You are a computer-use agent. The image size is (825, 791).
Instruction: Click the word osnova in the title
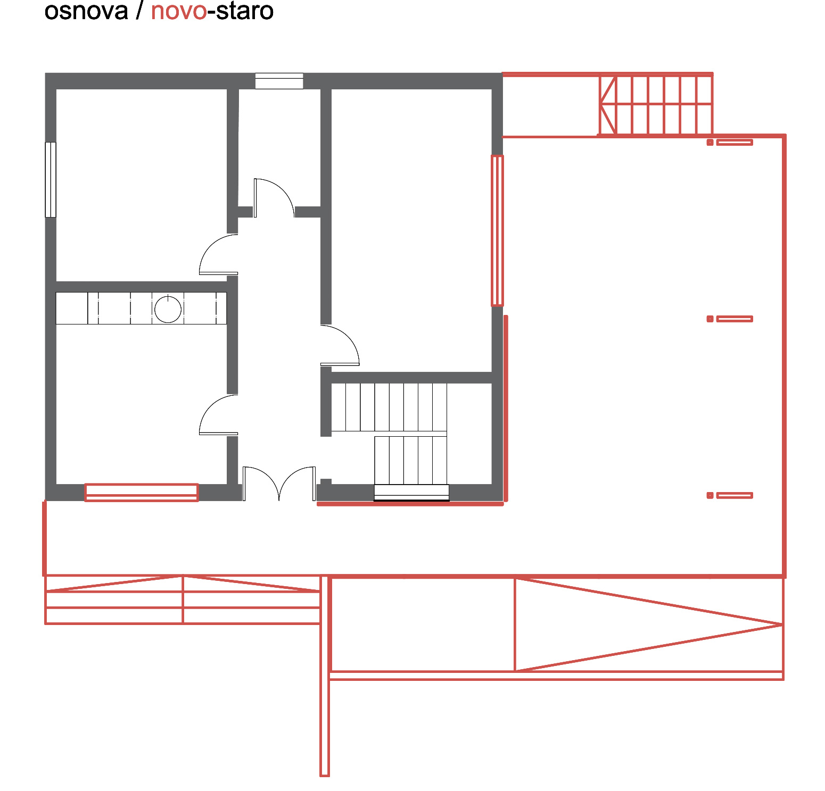86,11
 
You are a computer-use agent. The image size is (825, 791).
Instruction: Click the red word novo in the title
179,11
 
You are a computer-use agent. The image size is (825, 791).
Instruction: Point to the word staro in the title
244,11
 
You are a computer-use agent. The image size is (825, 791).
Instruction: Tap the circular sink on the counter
168,309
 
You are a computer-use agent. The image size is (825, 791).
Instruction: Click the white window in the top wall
279,81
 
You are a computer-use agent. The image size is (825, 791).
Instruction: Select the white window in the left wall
51,180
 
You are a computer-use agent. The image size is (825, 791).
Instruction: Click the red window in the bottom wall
142,492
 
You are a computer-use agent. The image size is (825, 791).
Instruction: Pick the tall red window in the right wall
497,230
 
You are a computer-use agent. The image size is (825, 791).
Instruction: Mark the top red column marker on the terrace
730,142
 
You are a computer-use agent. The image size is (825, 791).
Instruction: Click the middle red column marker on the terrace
730,319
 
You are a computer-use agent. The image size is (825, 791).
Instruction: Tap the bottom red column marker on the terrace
730,495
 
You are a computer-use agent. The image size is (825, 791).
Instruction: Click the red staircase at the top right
656,105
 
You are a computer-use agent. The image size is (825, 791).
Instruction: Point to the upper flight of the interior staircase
389,407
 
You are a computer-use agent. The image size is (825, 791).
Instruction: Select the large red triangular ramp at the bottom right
649,625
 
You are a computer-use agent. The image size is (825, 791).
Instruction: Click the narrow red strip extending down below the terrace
325,676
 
